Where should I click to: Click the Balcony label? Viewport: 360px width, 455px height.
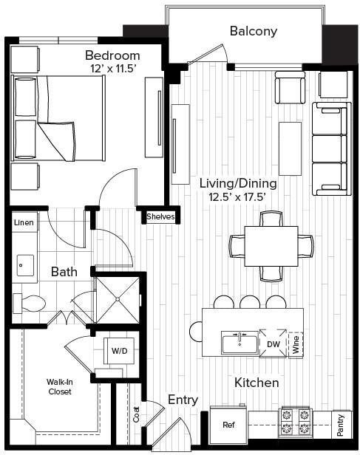click(x=254, y=31)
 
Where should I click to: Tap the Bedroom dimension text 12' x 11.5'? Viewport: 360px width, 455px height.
click(x=113, y=69)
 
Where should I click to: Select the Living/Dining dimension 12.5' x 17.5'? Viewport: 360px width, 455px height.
click(x=238, y=197)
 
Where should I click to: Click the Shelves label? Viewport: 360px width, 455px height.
click(x=160, y=216)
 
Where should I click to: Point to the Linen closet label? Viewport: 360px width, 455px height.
click(x=24, y=222)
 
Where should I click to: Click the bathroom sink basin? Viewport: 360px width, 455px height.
click(x=25, y=265)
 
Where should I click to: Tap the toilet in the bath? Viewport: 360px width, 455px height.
click(x=30, y=304)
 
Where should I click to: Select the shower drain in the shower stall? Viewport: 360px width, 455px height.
click(x=118, y=299)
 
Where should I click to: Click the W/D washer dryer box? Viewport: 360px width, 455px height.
click(x=119, y=351)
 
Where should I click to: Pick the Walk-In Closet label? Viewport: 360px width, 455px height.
click(x=60, y=386)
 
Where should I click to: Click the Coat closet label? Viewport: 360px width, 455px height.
click(x=136, y=414)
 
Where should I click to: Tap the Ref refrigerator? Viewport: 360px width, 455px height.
click(x=228, y=425)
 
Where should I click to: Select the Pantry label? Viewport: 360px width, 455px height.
click(x=341, y=425)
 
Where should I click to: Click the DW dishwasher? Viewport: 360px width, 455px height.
click(x=274, y=344)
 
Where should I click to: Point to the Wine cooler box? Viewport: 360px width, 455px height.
click(x=296, y=345)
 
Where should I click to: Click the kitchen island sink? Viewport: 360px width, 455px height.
click(x=240, y=343)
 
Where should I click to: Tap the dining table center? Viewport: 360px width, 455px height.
click(x=271, y=246)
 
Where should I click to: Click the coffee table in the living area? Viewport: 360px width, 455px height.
click(x=290, y=148)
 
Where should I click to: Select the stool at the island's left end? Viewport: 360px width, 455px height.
click(x=196, y=332)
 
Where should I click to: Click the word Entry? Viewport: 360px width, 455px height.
click(x=183, y=400)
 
